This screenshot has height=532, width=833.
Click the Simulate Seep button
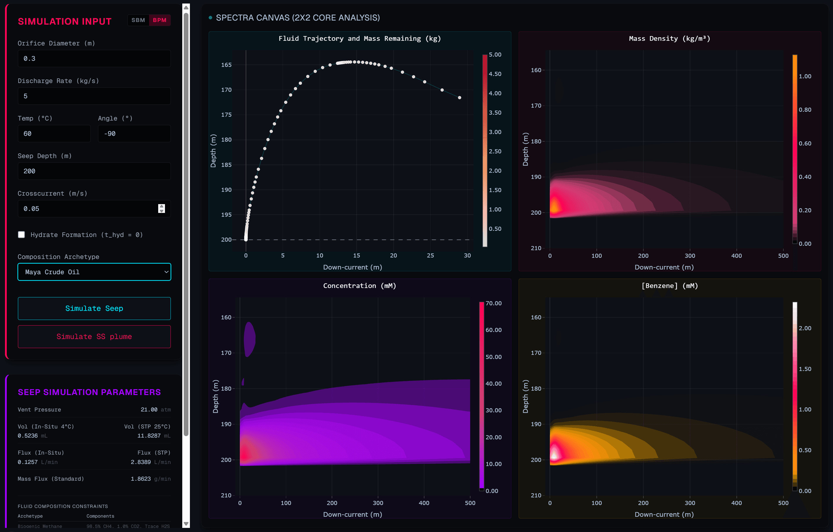point(94,308)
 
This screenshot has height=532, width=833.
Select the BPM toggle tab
point(159,20)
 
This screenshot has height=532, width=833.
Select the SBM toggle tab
point(138,20)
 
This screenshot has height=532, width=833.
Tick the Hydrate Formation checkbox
point(21,235)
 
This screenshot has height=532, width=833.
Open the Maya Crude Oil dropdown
point(94,272)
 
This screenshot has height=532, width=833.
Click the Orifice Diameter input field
point(94,58)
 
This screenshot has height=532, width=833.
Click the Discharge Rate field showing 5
point(94,96)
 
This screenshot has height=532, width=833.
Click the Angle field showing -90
point(134,133)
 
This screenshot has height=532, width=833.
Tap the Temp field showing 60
point(54,133)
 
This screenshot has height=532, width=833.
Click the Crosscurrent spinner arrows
point(161,209)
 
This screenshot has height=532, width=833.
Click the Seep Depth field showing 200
point(94,171)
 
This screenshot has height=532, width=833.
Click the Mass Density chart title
point(670,39)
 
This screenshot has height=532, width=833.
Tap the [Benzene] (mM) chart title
point(670,286)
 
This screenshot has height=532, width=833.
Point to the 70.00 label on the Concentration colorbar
point(493,303)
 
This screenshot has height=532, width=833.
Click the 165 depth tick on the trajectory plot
point(226,65)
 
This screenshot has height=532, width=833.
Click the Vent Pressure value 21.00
point(149,410)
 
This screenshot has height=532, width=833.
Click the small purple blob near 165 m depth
point(249,339)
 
